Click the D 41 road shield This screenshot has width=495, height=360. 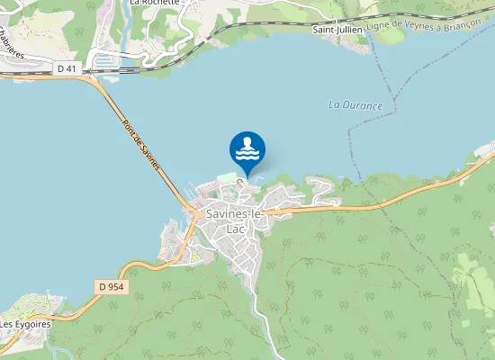click(66, 68)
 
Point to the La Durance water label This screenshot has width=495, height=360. click(355, 105)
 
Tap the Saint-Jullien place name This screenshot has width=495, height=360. click(337, 30)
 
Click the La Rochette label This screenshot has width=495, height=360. click(154, 3)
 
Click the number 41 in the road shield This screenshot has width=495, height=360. click(70, 68)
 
